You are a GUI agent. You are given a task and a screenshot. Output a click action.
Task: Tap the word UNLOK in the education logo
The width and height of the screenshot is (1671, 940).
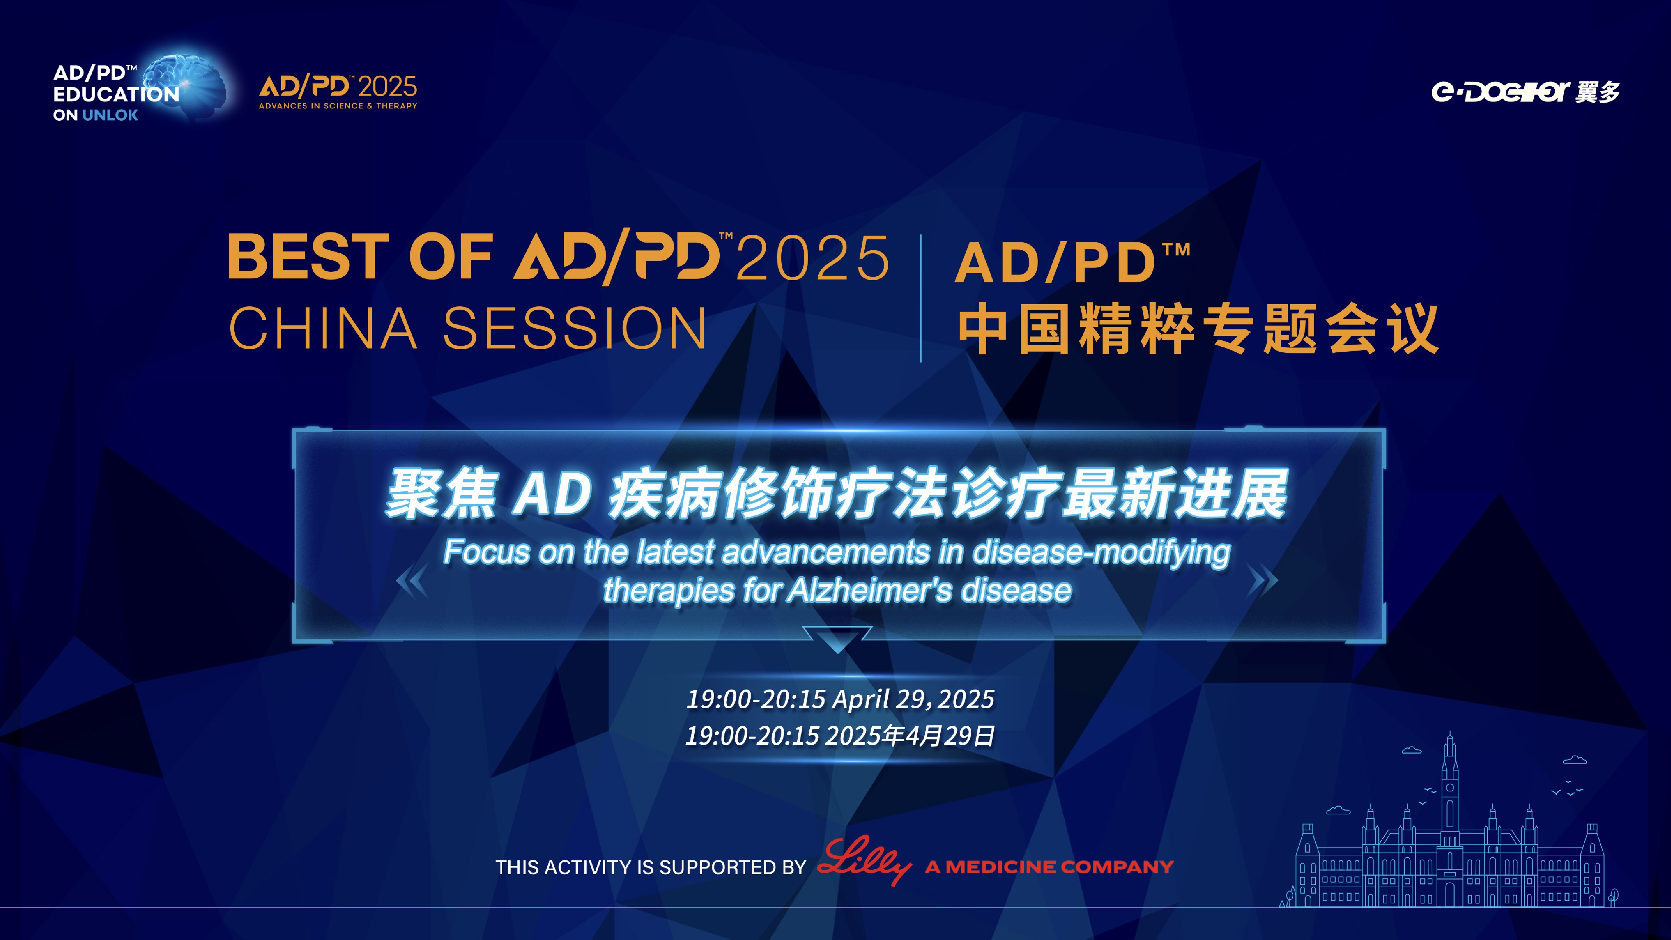tap(110, 115)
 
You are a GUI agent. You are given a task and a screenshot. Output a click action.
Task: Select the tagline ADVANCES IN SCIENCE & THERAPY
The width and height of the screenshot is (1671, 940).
tap(338, 106)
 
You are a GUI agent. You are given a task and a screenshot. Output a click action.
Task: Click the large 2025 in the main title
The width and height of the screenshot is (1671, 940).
tap(812, 258)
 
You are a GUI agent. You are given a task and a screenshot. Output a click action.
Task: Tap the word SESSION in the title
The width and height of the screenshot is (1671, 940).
tap(575, 328)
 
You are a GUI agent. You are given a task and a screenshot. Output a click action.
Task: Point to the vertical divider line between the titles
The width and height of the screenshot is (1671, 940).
tap(921, 298)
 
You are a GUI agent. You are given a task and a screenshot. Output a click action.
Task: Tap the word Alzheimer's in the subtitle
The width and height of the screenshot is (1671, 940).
tap(869, 591)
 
